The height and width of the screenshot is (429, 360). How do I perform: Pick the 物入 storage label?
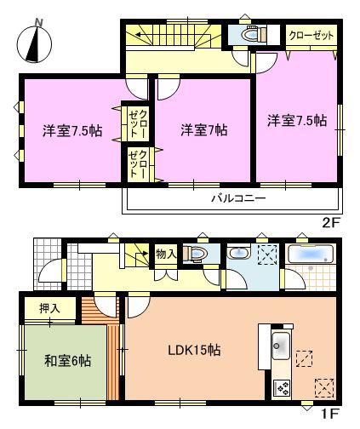click(x=166, y=253)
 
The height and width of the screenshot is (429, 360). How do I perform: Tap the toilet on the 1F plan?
click(x=197, y=254)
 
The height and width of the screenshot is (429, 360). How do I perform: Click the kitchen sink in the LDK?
click(x=280, y=346)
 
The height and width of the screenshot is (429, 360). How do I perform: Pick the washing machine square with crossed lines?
click(x=266, y=255)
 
